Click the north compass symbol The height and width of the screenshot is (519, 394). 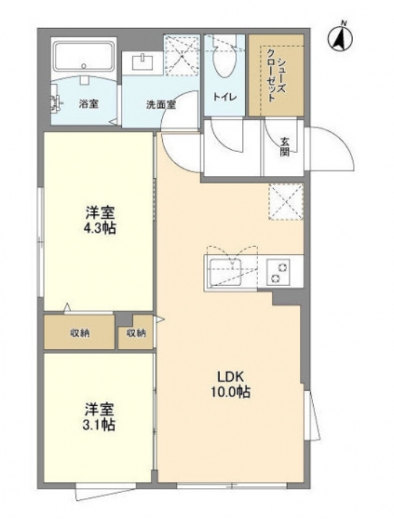pos(340,39)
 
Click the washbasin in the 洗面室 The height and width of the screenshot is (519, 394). pos(142,62)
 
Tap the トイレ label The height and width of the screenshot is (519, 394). pos(225,97)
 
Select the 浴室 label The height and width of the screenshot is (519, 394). pos(88,104)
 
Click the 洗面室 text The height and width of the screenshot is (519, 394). pos(161,104)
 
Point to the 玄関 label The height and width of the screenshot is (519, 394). pos(285,147)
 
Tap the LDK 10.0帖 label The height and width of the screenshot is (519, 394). pos(231,384)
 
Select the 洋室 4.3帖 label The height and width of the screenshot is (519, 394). pos(100,220)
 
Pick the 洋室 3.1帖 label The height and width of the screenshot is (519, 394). pos(99,417)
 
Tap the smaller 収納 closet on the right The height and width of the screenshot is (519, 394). pos(136,333)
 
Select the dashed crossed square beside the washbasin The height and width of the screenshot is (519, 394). pos(182,55)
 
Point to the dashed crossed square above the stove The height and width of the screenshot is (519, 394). pos(286,201)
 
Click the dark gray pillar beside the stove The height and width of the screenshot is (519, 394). pos(287,298)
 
